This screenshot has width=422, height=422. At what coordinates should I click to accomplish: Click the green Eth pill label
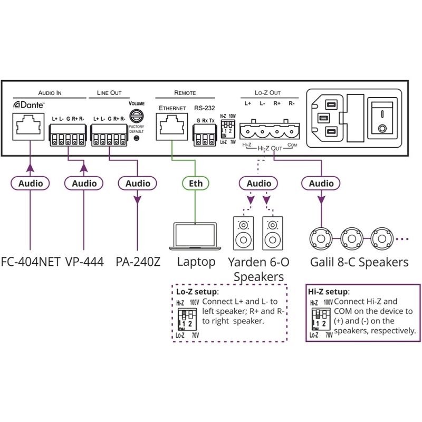[195, 184]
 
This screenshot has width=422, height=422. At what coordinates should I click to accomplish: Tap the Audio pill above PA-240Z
[137, 184]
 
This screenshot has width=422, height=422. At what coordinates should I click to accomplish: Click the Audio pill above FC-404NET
[30, 184]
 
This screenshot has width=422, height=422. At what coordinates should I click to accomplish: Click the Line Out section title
[109, 92]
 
